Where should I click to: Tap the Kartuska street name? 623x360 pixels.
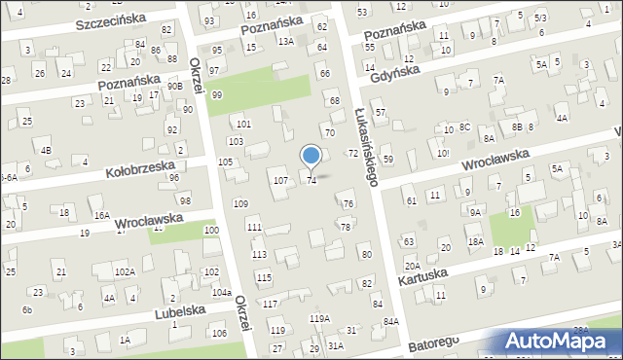[424, 276]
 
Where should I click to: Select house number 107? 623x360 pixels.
[279, 182]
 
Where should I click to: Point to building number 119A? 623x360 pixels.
[319, 319]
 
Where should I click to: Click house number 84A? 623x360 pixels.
[391, 321]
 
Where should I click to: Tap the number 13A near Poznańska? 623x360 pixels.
[284, 42]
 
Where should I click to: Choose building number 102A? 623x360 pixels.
[124, 271]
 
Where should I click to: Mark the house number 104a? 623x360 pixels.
[222, 292]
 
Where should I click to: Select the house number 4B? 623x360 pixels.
[46, 150]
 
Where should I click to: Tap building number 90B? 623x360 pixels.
[174, 87]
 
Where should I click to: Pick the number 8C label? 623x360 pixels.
[465, 127]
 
